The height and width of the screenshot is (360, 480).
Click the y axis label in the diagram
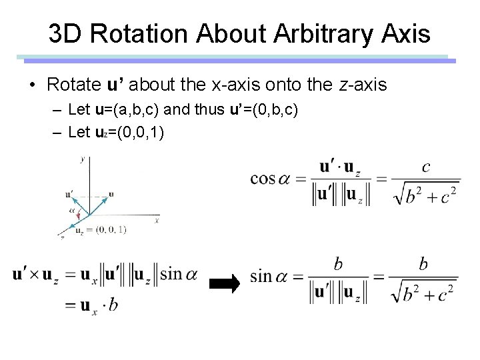[x=82, y=159]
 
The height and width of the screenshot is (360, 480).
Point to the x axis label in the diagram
[x=157, y=219]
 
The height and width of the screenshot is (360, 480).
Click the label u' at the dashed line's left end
[x=69, y=194]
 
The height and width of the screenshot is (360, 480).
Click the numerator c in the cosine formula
[x=426, y=167]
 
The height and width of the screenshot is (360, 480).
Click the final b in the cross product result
[x=114, y=304]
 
